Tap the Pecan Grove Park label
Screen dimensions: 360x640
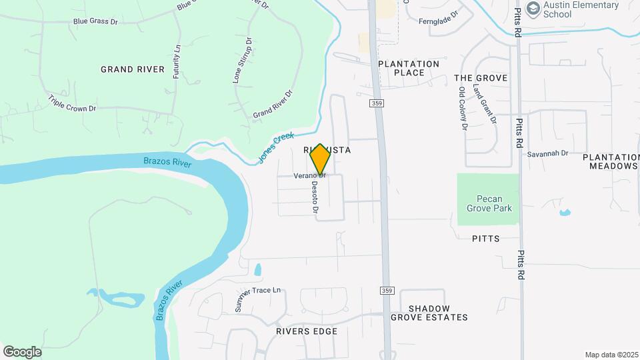coord(489,203)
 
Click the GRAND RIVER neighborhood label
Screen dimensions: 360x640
coord(133,69)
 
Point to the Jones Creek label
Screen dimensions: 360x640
coord(275,148)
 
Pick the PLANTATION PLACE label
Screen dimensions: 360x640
coord(409,69)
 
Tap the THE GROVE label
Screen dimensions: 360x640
coord(481,78)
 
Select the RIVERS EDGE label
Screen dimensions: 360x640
coord(307,331)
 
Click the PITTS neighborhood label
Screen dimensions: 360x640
coord(485,238)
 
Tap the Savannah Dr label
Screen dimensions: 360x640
coord(547,153)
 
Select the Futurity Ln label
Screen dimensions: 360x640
coord(177,62)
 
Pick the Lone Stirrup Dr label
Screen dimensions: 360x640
coord(242,60)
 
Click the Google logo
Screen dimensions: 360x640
coord(22,351)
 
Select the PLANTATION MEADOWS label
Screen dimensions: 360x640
coord(610,161)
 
